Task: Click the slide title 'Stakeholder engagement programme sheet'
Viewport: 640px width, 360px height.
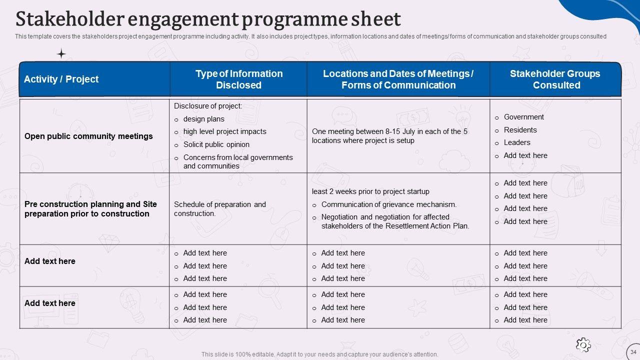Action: click(x=208, y=19)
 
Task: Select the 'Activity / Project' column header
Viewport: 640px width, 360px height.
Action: click(x=61, y=79)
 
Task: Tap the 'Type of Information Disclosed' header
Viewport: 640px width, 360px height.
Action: click(x=238, y=79)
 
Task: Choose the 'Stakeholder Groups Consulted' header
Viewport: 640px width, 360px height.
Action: click(x=555, y=79)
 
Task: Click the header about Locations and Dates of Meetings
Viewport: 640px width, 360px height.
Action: click(x=398, y=79)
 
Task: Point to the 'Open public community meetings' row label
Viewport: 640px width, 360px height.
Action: click(x=88, y=136)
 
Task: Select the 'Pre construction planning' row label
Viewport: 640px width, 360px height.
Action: click(x=90, y=209)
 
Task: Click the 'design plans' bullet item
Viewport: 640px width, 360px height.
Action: click(x=203, y=119)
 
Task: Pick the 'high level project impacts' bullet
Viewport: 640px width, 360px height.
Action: click(x=224, y=131)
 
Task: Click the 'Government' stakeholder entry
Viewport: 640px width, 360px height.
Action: click(x=523, y=117)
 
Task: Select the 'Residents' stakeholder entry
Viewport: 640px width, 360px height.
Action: click(x=520, y=130)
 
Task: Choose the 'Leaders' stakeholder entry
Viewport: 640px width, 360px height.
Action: click(x=517, y=142)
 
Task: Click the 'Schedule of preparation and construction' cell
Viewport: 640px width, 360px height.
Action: click(x=220, y=209)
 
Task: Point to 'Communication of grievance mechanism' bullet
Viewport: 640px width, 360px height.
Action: click(x=388, y=204)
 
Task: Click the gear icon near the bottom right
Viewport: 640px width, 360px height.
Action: click(x=583, y=344)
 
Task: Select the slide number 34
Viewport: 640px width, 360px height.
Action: click(x=633, y=352)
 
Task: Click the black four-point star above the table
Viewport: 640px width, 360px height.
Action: click(x=61, y=54)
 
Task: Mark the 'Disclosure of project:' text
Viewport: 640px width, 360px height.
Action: click(x=208, y=106)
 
